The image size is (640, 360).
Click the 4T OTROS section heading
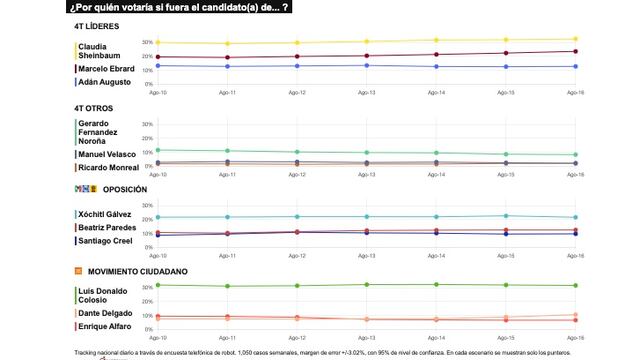pyautogui.click(x=99, y=108)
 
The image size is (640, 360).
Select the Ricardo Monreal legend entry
pyautogui.click(x=110, y=168)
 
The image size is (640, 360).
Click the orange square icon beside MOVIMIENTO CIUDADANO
pyautogui.click(x=78, y=271)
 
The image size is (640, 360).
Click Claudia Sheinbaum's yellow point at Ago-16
pyautogui.click(x=575, y=39)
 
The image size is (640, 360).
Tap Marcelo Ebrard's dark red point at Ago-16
pyautogui.click(x=575, y=51)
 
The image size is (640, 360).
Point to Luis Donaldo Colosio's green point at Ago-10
pyautogui.click(x=158, y=285)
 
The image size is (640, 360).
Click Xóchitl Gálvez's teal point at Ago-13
pyautogui.click(x=366, y=217)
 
